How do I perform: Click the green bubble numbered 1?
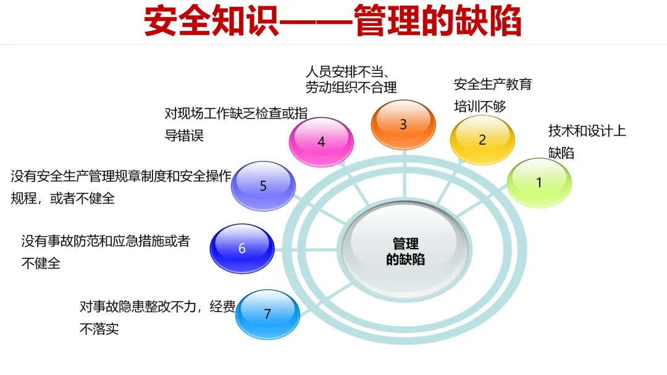(x=539, y=183)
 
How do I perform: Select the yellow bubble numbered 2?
(x=482, y=139)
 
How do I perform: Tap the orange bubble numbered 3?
(x=403, y=124)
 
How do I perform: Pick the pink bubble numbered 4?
(x=321, y=142)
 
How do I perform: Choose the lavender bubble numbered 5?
(x=263, y=186)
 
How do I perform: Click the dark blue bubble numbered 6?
(x=242, y=249)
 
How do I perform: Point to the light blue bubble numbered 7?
(x=267, y=314)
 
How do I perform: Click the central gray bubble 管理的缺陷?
(x=405, y=252)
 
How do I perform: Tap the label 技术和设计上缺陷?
(x=586, y=141)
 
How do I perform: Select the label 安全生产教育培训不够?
(x=492, y=95)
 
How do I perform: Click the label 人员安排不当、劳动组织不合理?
(x=351, y=78)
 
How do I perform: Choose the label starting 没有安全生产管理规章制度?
(x=121, y=187)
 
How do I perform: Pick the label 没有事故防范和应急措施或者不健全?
(x=105, y=252)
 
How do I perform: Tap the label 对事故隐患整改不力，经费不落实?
(x=157, y=317)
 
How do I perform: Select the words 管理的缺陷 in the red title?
(x=438, y=22)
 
